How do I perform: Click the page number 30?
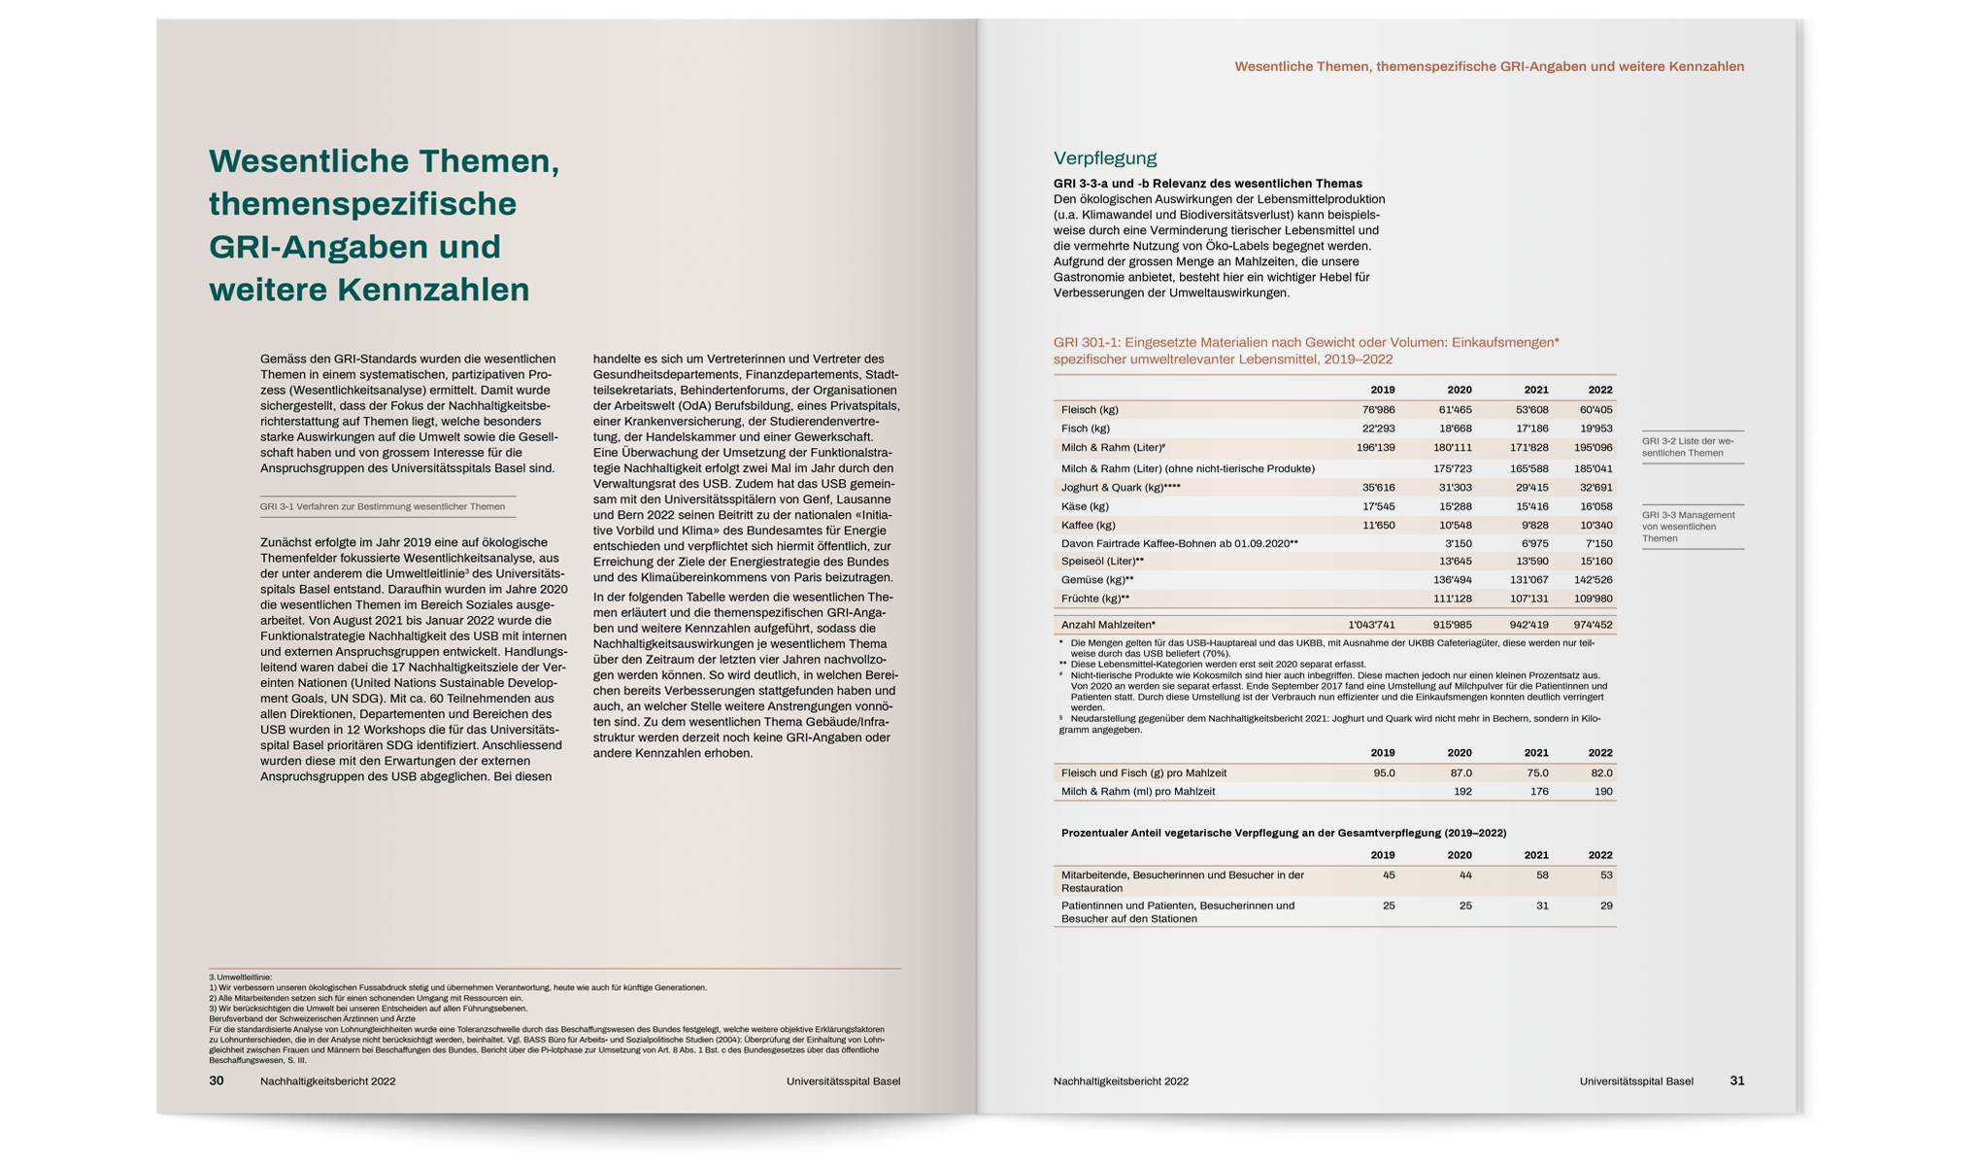tap(217, 1080)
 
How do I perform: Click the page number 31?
tap(1737, 1080)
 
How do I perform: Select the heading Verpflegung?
tap(1105, 158)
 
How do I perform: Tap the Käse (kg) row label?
tap(1085, 506)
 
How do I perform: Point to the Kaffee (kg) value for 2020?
tap(1455, 526)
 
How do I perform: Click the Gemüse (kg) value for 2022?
tap(1595, 580)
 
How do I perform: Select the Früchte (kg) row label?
tap(1094, 599)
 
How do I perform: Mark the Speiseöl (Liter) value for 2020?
tap(1455, 562)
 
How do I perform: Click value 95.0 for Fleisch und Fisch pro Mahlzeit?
tap(1384, 773)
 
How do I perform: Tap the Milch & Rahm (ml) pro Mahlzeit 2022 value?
tap(1602, 792)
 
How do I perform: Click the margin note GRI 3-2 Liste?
tap(1688, 447)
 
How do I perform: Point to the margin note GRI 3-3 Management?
tap(1688, 527)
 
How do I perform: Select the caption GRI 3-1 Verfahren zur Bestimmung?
tap(383, 506)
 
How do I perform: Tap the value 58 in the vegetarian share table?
tap(1541, 875)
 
